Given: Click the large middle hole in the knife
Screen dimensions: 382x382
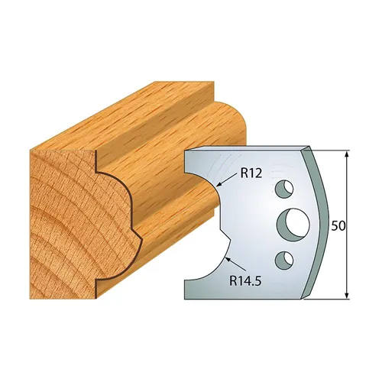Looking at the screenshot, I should click(292, 224).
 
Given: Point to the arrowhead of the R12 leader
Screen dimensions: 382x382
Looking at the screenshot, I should click(219, 184).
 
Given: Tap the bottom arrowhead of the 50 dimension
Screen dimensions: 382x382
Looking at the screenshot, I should click(348, 296).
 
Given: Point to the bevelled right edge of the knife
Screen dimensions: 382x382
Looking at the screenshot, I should click(321, 222).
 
